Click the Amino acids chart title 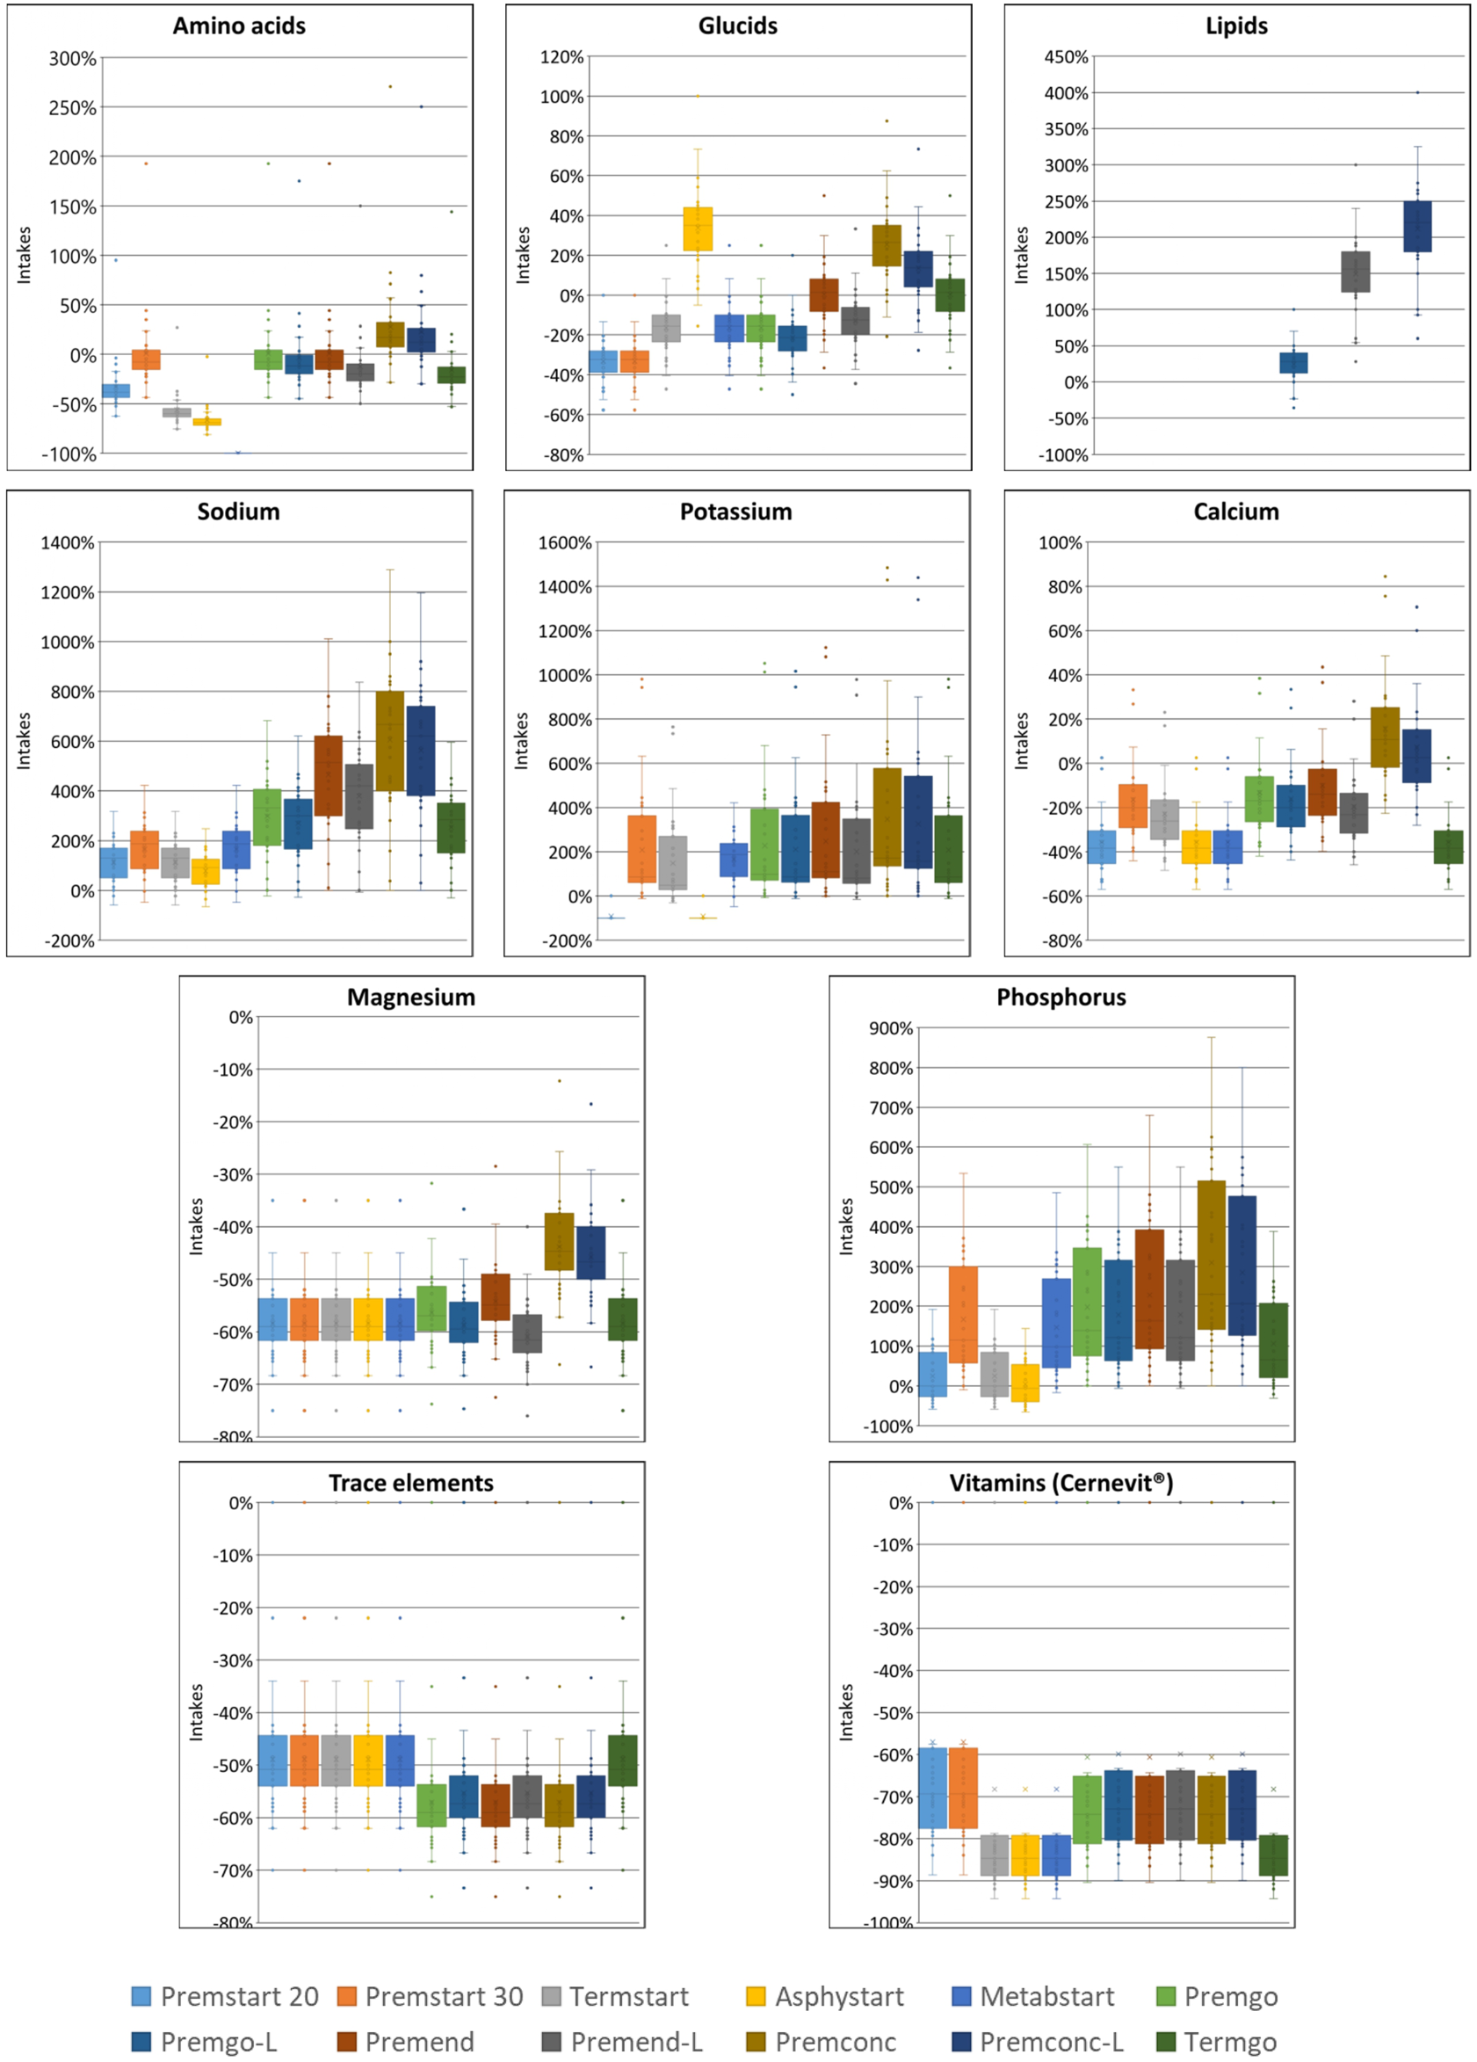click(239, 25)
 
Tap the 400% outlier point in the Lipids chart click(1417, 93)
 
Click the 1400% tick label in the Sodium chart click(68, 543)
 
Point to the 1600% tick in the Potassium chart click(564, 543)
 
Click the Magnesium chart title click(411, 998)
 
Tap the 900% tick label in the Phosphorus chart click(890, 1028)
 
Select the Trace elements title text click(411, 1483)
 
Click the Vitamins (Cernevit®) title click(1061, 1483)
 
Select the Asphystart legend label click(839, 1997)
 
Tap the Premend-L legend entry click(636, 2042)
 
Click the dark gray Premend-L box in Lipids click(1355, 272)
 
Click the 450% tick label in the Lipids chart click(1066, 57)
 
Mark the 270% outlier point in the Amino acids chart click(390, 86)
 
